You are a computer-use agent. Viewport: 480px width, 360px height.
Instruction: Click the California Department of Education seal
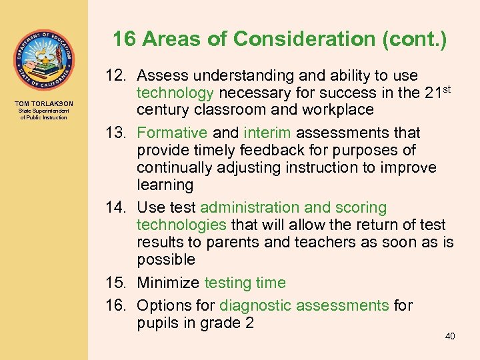coord(43,60)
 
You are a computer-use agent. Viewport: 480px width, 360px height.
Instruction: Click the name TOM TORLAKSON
coord(43,103)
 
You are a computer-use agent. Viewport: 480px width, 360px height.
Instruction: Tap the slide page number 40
coord(450,336)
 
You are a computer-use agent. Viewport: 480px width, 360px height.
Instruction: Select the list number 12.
coord(117,75)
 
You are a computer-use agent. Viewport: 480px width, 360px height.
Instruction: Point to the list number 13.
coord(117,133)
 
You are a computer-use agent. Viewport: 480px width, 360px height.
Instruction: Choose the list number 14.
coord(117,207)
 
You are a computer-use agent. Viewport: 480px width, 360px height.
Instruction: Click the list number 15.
coord(117,283)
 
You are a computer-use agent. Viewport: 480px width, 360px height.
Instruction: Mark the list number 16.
coord(117,305)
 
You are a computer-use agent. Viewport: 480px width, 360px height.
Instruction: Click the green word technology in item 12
coord(175,93)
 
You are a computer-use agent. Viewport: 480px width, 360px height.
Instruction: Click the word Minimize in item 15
coord(168,283)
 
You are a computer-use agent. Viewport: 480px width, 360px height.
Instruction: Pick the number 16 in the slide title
coord(125,39)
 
